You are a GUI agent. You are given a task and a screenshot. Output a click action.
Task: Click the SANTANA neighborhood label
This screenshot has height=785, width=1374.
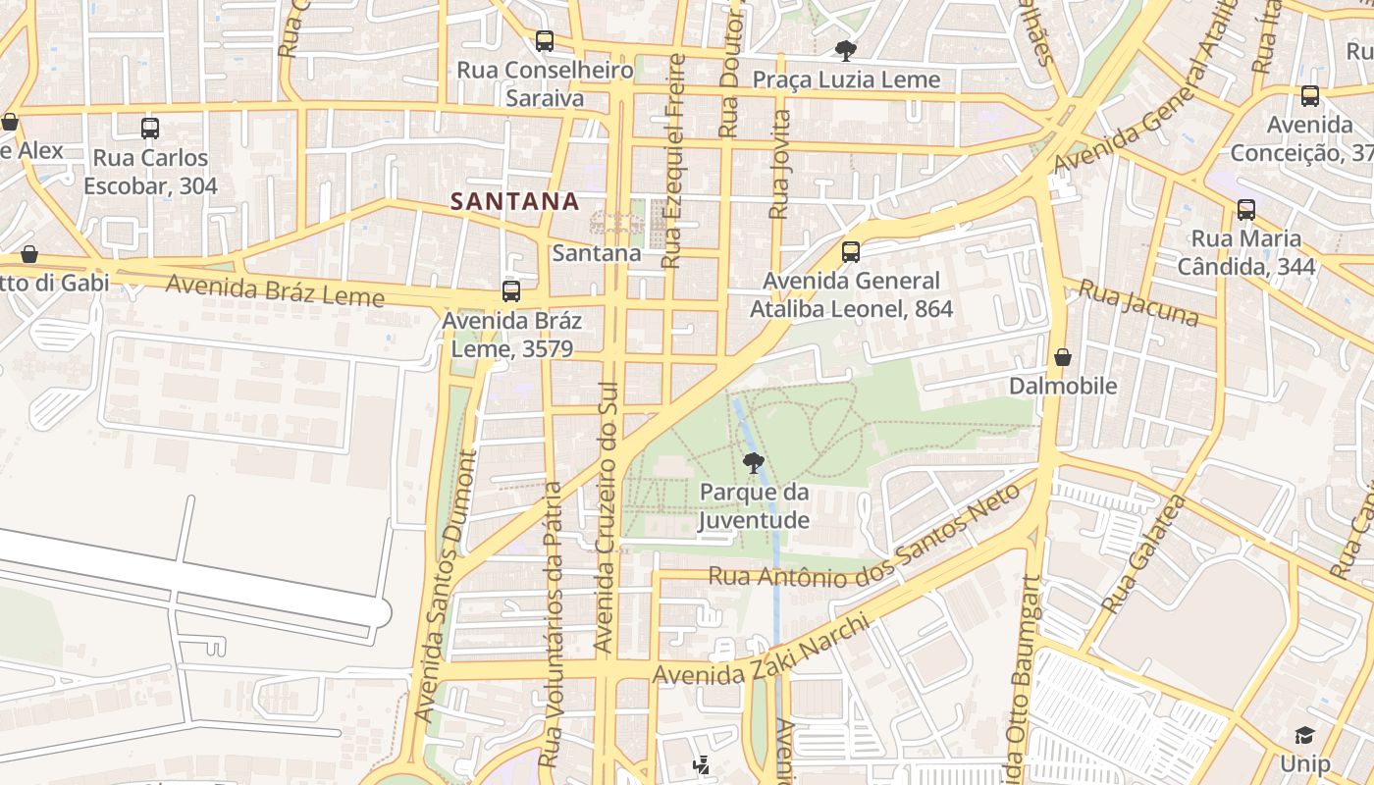tap(514, 201)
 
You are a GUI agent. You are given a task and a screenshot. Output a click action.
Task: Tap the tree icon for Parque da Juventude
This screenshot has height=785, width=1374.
tap(753, 463)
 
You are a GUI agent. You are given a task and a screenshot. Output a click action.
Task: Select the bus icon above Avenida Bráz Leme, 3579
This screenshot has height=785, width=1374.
tap(511, 291)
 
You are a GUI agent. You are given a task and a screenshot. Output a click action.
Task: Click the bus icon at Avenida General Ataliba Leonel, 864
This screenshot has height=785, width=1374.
tap(851, 252)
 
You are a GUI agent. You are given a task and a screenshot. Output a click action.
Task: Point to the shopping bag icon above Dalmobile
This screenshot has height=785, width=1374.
tap(1062, 357)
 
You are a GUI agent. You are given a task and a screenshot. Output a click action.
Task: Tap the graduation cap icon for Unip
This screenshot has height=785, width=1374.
tap(1304, 736)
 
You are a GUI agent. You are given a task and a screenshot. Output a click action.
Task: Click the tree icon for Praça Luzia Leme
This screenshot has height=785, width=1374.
tap(845, 51)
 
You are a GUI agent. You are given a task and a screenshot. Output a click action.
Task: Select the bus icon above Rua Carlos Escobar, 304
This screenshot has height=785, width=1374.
tap(150, 129)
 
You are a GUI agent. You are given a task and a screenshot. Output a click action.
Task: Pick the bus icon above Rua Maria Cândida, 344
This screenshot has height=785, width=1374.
tap(1245, 210)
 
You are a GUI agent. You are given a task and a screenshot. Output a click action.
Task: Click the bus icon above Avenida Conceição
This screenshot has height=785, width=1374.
tap(1310, 96)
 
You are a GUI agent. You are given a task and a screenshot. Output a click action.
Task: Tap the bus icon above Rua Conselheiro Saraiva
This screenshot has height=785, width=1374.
tap(545, 41)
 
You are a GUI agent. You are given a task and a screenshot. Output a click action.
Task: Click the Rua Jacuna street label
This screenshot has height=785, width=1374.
tap(1138, 302)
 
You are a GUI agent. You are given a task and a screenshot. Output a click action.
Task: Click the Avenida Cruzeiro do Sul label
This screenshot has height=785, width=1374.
tap(609, 517)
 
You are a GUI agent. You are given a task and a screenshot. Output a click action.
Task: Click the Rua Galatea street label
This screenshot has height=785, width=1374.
tap(1143, 554)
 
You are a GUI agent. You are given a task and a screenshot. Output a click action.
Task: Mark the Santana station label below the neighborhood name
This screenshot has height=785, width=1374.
tap(596, 253)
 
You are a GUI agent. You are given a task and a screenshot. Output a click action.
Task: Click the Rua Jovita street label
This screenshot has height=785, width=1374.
tap(779, 164)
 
